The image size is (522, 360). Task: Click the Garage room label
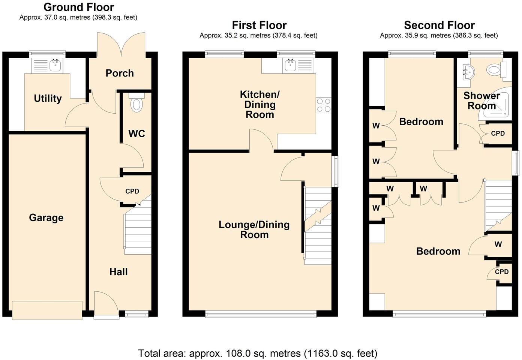(x=46, y=218)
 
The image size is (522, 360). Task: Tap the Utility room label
(x=48, y=99)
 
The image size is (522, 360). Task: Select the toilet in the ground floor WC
(x=136, y=103)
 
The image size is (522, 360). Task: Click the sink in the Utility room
(x=55, y=66)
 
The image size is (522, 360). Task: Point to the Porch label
(x=120, y=73)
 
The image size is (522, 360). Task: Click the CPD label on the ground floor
(x=132, y=191)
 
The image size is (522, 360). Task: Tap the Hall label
(x=118, y=272)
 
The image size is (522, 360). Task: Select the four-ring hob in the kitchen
(x=324, y=105)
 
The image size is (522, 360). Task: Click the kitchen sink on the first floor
(x=291, y=66)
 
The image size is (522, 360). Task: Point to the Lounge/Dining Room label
(x=254, y=229)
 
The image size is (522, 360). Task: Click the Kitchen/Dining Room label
(x=259, y=104)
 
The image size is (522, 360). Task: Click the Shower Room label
(x=481, y=100)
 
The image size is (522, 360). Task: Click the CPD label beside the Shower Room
(x=498, y=133)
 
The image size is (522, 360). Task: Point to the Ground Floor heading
(x=79, y=7)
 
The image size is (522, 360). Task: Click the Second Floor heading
(x=439, y=25)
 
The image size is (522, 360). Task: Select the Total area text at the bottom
(x=258, y=353)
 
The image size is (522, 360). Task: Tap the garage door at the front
(x=47, y=310)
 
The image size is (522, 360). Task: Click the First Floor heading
(x=259, y=25)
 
